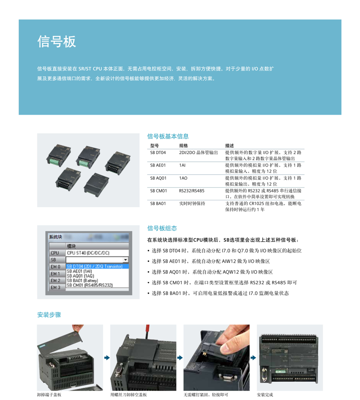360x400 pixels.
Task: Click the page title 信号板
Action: pyautogui.click(x=56, y=42)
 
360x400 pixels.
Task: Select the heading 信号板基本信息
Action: pyautogui.click(x=168, y=136)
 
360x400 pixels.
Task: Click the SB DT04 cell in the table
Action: pyautogui.click(x=158, y=153)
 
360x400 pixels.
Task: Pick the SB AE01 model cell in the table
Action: pyautogui.click(x=158, y=165)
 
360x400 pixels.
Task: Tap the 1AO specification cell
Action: pyautogui.click(x=183, y=178)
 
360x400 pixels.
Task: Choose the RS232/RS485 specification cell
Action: pyautogui.click(x=192, y=191)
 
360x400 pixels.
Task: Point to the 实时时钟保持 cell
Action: pyautogui.click(x=192, y=204)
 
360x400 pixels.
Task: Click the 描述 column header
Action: pyautogui.click(x=229, y=146)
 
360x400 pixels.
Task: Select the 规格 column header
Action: pyautogui.click(x=183, y=146)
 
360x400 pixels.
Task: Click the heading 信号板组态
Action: pyautogui.click(x=162, y=228)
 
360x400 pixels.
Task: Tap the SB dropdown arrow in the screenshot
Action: pyautogui.click(x=125, y=260)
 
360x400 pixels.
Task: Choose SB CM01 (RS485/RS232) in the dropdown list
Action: pyautogui.click(x=89, y=285)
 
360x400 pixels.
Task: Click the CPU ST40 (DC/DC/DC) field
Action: pyautogui.click(x=88, y=253)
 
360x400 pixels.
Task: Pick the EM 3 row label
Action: pyautogui.click(x=55, y=287)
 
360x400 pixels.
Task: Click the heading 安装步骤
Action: pyautogui.click(x=49, y=315)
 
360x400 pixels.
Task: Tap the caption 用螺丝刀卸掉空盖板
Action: pyautogui.click(x=128, y=395)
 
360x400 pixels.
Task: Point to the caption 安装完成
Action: pyautogui.click(x=265, y=395)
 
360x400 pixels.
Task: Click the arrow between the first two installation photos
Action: pyautogui.click(x=107, y=358)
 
